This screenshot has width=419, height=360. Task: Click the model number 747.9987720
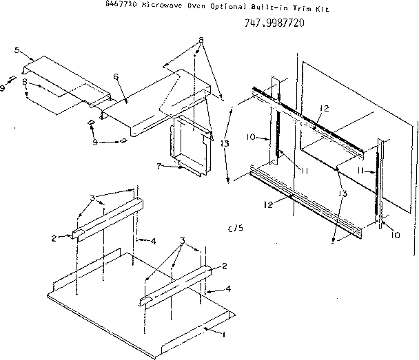tap(275, 23)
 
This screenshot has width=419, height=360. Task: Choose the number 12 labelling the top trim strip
tap(323, 108)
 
